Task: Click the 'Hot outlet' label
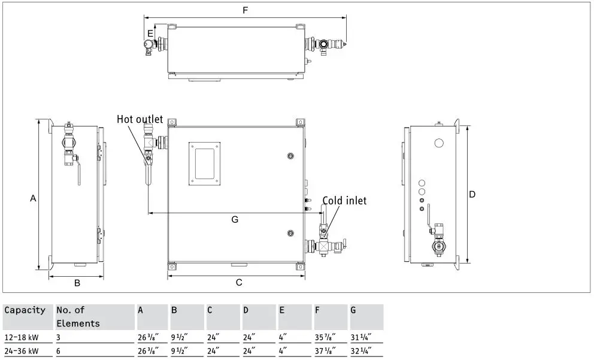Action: [140, 119]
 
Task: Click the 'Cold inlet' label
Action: [344, 201]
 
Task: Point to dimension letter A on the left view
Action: [34, 198]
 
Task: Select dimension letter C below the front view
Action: [238, 282]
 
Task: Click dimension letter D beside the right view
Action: [472, 195]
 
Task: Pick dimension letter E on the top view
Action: [150, 34]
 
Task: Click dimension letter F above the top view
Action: [244, 11]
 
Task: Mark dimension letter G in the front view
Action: [235, 220]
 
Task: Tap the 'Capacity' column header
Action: [25, 310]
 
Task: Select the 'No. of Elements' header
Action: [78, 316]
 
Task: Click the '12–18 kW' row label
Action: [21, 337]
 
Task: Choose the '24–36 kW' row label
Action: [21, 351]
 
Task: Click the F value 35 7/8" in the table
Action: [325, 337]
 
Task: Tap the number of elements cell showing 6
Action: [59, 351]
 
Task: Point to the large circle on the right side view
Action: [438, 143]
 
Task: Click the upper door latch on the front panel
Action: [290, 156]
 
